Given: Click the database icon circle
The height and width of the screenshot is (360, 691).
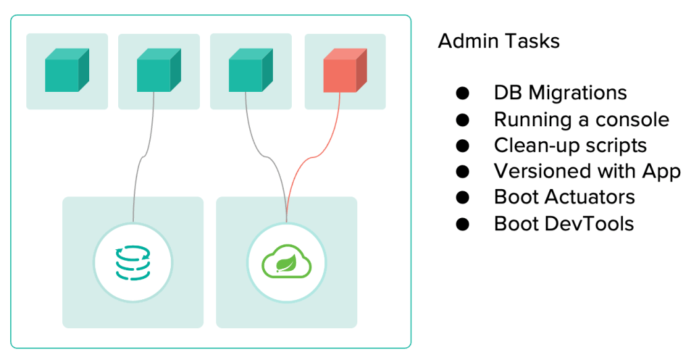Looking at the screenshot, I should point(133,262).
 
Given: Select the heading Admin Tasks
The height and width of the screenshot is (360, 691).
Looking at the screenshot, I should point(498,41).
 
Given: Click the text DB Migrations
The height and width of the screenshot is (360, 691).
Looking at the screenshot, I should point(560,93).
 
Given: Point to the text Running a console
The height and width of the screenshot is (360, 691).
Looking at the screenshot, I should point(581,120).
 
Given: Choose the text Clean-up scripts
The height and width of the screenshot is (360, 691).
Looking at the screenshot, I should point(570,145).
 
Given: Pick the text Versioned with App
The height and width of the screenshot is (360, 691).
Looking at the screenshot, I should point(586,171).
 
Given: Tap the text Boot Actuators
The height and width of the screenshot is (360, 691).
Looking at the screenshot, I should point(564,197).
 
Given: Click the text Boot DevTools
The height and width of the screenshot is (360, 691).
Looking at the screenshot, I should point(563,224).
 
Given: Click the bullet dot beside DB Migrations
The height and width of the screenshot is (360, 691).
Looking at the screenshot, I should point(462,93).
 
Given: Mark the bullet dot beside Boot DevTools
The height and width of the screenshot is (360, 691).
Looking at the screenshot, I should point(462,224).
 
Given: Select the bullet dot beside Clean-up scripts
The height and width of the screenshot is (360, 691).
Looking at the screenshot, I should point(462,145).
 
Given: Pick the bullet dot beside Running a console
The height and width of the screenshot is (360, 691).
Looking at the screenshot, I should point(462,120).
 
